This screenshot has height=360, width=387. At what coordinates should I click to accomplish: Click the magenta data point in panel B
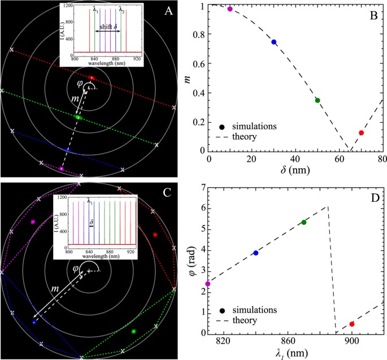pyautogui.click(x=230, y=9)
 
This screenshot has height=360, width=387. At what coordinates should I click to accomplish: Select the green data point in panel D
pyautogui.click(x=304, y=222)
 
